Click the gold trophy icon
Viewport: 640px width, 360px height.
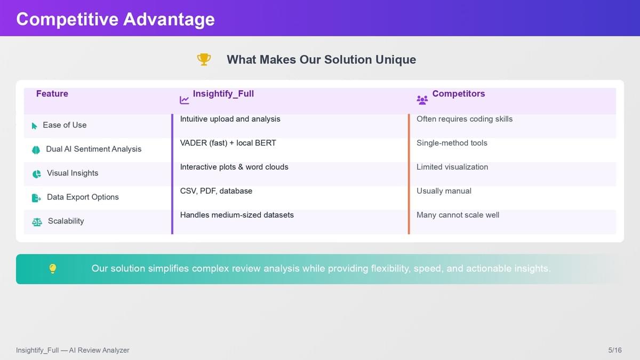click(x=204, y=59)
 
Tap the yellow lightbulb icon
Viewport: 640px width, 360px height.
click(x=53, y=269)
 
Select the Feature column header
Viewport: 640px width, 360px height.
click(x=52, y=93)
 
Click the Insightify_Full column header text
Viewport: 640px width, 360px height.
click(x=223, y=93)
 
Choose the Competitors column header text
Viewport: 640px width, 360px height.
click(x=458, y=93)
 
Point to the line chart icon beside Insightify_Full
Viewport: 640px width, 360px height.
click(x=185, y=100)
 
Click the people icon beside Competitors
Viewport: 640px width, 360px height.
click(x=422, y=100)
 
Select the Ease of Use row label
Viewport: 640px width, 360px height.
click(x=65, y=125)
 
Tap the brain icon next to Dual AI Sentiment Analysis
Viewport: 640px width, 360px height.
click(x=36, y=150)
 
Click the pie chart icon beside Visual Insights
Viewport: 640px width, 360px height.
click(x=37, y=174)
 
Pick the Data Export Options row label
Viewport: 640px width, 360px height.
click(x=83, y=197)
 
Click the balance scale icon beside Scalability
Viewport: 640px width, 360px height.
click(x=37, y=222)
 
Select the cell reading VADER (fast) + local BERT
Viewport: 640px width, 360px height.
click(x=228, y=143)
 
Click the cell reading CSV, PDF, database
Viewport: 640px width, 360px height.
click(x=216, y=191)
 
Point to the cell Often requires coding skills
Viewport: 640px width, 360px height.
click(x=465, y=119)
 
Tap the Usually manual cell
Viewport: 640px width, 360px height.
click(x=444, y=191)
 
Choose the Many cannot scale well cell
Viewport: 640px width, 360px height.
click(x=458, y=215)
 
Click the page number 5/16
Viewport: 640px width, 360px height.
click(x=615, y=350)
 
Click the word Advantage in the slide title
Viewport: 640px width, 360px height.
click(x=169, y=19)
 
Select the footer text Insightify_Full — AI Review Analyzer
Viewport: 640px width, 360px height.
click(x=73, y=350)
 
